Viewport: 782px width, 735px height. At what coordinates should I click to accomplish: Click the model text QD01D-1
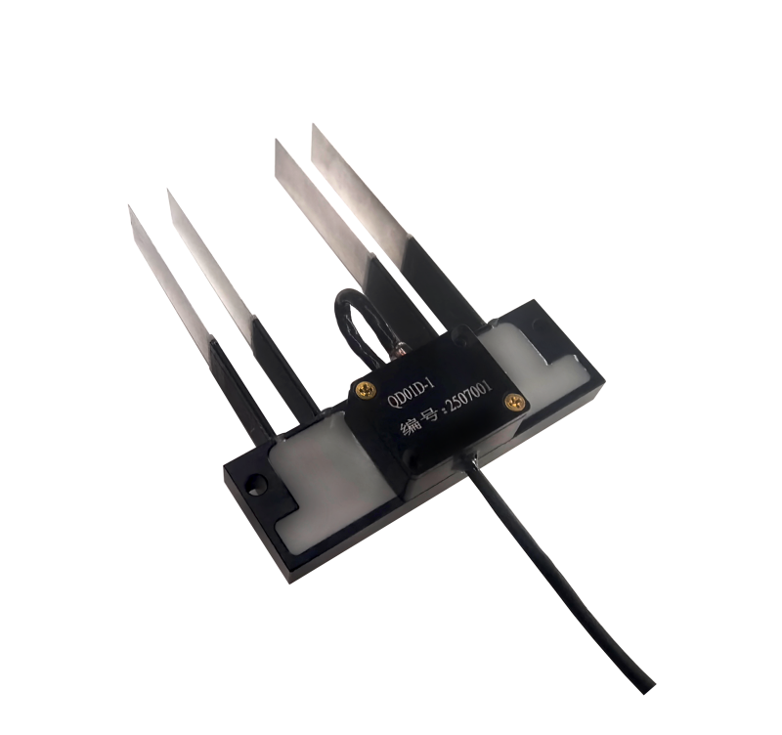point(412,393)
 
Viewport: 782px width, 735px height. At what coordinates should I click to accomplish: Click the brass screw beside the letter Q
point(366,389)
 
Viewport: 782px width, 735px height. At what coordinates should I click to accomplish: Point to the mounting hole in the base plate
point(257,483)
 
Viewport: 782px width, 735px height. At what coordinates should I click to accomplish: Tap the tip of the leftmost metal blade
point(129,205)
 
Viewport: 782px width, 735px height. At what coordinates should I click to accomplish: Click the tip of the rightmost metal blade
point(313,124)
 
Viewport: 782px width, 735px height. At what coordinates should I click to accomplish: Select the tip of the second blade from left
point(168,190)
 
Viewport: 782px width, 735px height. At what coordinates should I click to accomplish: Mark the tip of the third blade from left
point(277,140)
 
